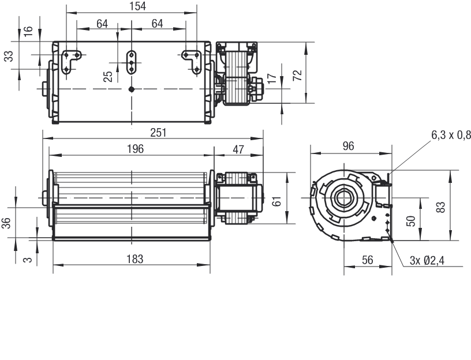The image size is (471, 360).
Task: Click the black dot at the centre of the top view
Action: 131,89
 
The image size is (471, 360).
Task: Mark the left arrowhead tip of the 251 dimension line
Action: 43,138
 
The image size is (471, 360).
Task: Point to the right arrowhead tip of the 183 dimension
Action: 210,265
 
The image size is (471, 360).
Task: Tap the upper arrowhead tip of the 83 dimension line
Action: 451,170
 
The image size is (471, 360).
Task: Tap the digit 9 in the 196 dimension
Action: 135,149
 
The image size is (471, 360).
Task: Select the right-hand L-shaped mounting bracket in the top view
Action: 192,61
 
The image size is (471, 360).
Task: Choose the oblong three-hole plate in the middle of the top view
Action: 131,62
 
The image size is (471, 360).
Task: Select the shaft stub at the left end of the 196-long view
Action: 45,198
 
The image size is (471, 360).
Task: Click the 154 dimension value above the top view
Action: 138,6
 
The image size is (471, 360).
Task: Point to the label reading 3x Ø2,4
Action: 427,260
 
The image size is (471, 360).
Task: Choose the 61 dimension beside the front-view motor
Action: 276,201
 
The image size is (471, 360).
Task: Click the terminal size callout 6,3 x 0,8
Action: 451,136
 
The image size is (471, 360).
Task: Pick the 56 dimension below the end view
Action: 367,260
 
